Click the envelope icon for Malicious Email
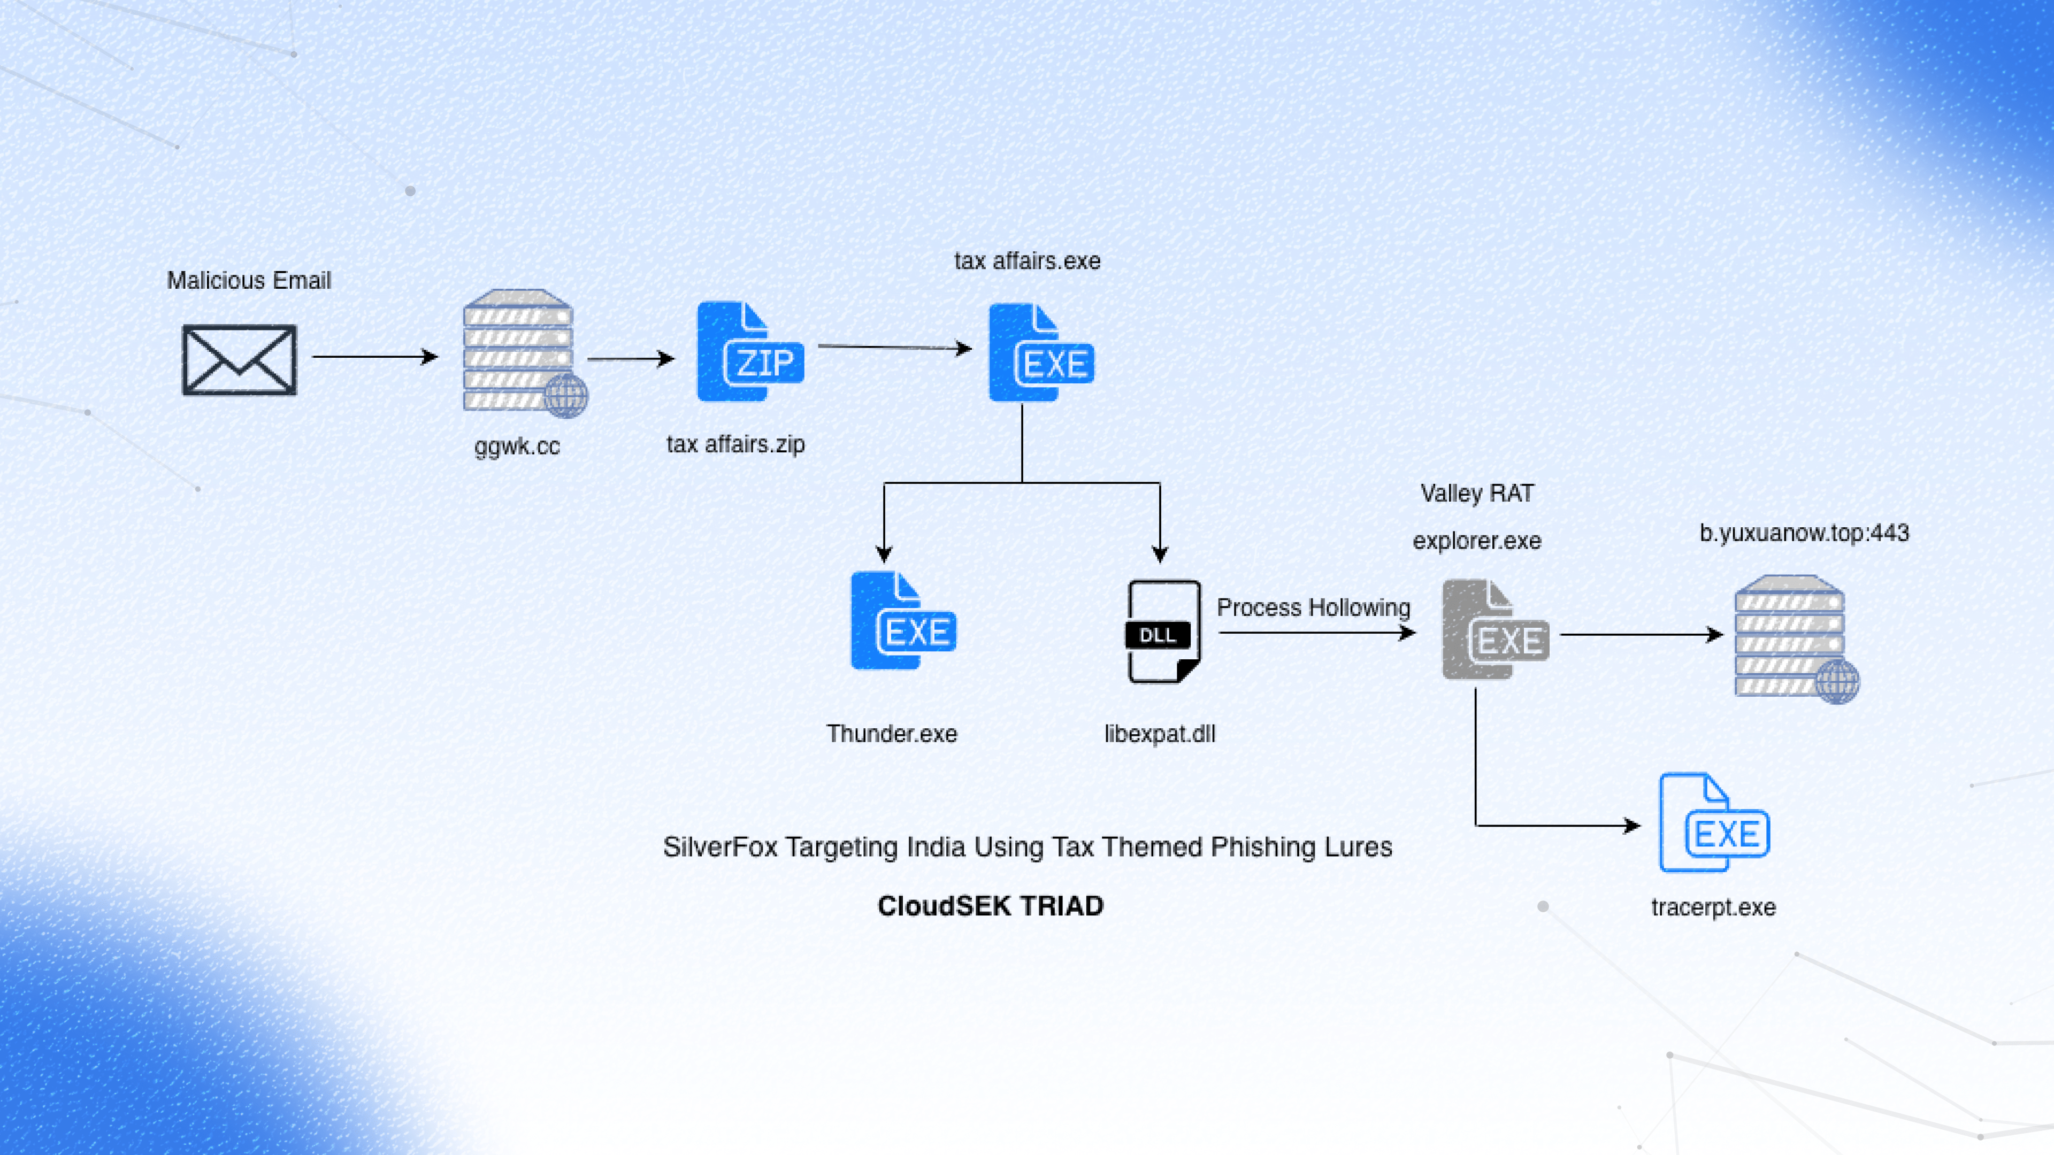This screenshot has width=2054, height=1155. [239, 359]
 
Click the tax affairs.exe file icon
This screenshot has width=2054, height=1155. [1040, 352]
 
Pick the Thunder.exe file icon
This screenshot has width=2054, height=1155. [902, 621]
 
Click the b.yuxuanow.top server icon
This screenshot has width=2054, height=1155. [1791, 636]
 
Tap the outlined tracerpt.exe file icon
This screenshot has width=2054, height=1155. [1713, 822]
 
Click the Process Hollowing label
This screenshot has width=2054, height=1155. [1313, 607]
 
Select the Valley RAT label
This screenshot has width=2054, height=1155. [1477, 494]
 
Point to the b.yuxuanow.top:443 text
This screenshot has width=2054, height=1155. [1804, 533]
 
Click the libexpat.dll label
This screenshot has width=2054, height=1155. [1159, 733]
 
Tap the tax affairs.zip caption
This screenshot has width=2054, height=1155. [735, 444]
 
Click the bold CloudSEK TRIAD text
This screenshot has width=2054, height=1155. [990, 905]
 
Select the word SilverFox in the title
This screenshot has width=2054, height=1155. [719, 846]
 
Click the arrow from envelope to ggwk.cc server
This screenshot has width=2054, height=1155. [375, 356]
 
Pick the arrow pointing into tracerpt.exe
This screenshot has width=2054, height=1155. [1555, 826]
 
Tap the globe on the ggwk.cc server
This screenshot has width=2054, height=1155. [566, 395]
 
